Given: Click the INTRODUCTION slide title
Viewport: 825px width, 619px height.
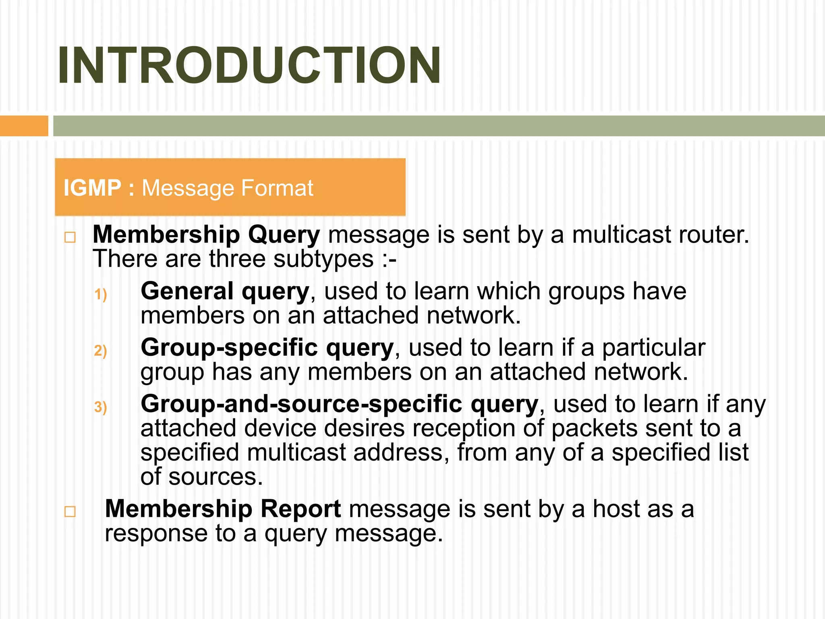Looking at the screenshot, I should point(249,66).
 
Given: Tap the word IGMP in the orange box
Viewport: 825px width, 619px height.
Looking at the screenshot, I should point(92,188).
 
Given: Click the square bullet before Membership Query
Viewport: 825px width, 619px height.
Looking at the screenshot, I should point(70,237).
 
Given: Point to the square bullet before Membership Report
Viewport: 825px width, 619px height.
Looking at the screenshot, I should point(70,511).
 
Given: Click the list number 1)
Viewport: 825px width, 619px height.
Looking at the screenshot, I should point(100,294).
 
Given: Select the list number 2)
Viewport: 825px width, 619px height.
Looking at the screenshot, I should point(100,351).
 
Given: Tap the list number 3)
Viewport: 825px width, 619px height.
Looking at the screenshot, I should point(100,407).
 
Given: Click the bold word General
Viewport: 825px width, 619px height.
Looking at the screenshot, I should point(187,291).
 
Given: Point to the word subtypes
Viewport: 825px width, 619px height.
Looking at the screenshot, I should point(323,259).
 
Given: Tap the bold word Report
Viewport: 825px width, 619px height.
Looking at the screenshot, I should point(301,509).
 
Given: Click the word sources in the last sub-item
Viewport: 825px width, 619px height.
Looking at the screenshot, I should point(215,477).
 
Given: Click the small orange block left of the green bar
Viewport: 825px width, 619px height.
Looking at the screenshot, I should point(24,126).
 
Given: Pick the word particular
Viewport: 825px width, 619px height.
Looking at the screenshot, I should point(653,347).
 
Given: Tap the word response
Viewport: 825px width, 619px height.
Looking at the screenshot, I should point(156,533).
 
